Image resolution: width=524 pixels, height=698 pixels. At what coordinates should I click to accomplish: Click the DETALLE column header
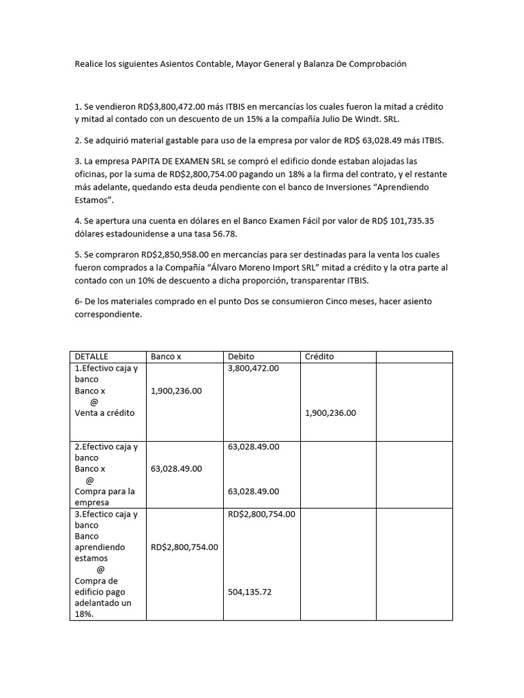[x=91, y=356]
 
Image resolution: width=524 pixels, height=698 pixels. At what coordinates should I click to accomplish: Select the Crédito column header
[x=319, y=356]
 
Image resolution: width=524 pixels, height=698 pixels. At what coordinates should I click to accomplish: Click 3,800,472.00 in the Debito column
[x=253, y=368]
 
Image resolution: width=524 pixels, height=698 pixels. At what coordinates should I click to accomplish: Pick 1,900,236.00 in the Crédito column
[x=330, y=413]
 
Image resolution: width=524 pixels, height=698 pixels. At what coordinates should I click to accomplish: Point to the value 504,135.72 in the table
[x=250, y=592]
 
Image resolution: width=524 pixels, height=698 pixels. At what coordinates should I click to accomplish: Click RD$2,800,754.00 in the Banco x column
[x=184, y=547]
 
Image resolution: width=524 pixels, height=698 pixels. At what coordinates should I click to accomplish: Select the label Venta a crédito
[x=104, y=413]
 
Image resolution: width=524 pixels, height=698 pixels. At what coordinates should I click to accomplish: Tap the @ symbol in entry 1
[x=94, y=402]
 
